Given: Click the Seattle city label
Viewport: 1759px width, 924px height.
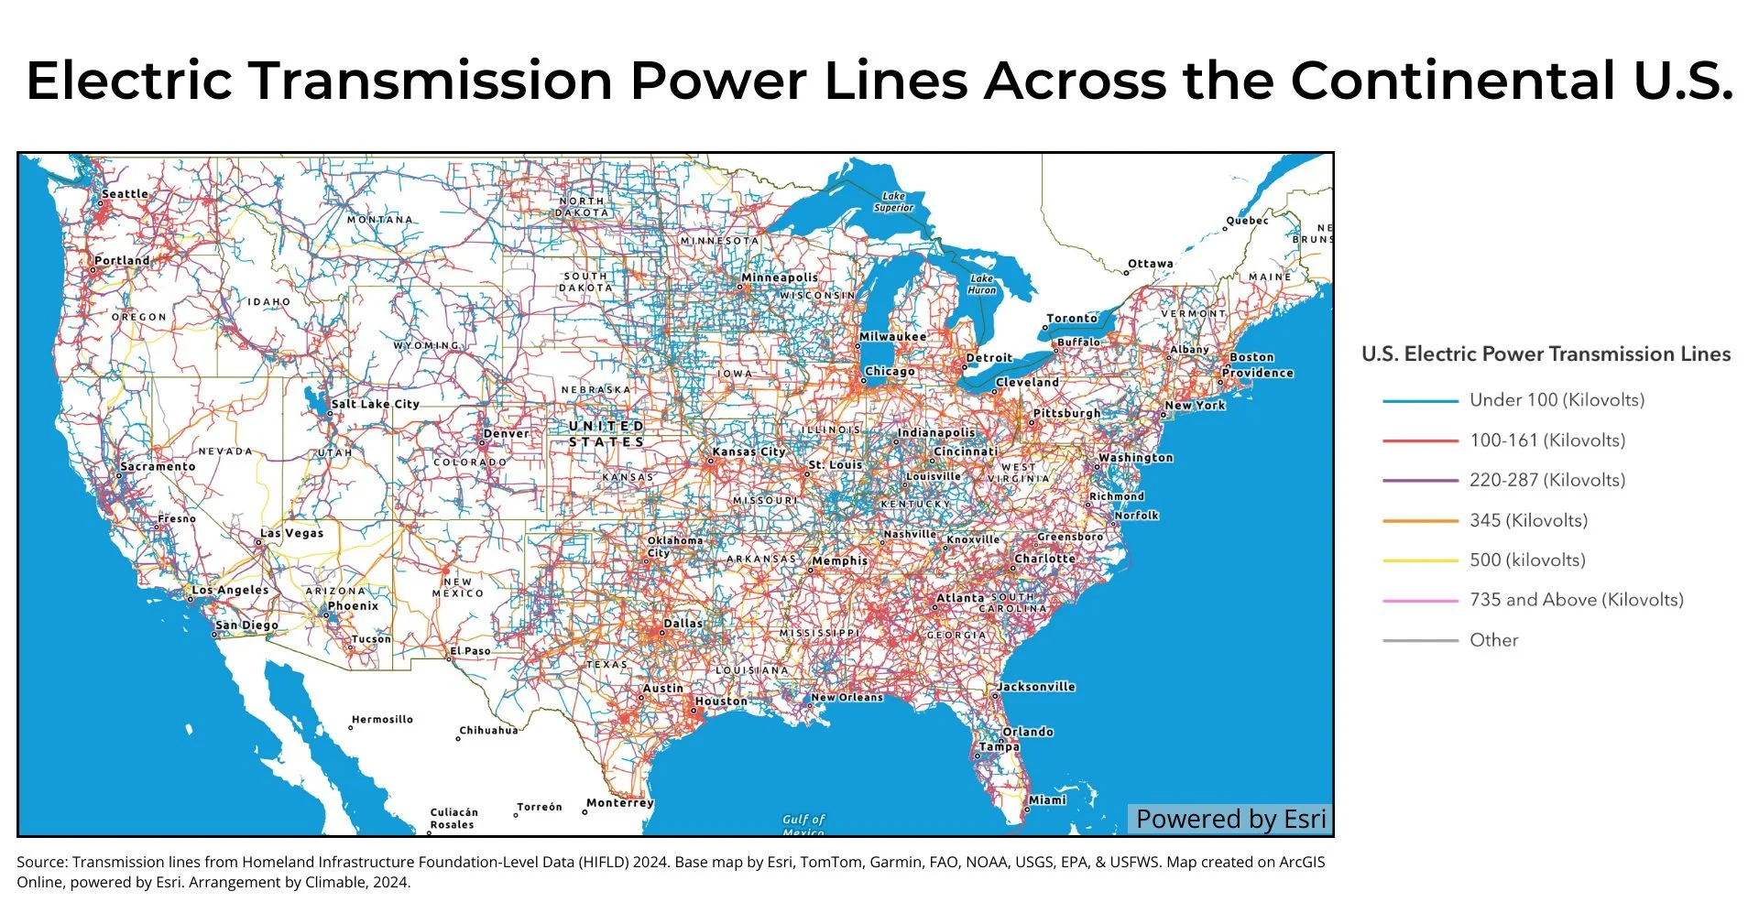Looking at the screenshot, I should coord(125,194).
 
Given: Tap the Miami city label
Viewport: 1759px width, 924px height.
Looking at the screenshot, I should coord(1046,800).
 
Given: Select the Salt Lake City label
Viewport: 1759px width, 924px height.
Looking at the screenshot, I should coord(375,404).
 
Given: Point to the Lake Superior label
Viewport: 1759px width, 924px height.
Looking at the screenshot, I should coord(893,201).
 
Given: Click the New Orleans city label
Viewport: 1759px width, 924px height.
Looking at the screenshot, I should coord(847,698).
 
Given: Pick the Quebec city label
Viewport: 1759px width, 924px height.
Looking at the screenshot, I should coord(1247,221).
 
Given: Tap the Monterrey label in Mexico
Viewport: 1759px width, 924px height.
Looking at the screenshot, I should coord(619,803).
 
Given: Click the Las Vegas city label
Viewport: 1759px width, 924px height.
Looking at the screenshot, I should coord(291,533).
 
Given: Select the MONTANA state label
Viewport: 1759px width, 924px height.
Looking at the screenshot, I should coord(379,220).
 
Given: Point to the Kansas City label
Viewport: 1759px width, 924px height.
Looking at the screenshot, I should coord(748,452).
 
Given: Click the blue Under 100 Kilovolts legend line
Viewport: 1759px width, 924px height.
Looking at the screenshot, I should coord(1419,401).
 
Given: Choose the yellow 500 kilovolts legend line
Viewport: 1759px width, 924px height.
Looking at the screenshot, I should coord(1419,560).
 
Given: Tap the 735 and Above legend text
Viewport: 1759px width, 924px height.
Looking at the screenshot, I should coord(1576,600).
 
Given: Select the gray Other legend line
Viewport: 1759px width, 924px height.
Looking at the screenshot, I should coord(1419,641).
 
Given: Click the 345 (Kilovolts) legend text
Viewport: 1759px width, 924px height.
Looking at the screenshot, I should coord(1528,520).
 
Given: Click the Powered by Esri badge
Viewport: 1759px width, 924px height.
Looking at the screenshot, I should coord(1229,819).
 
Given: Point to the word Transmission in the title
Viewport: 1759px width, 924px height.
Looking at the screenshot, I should coord(431,81).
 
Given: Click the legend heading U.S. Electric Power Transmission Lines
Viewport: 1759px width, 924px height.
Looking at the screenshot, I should coord(1546,354).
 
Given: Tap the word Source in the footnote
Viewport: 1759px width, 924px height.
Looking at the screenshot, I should coord(40,863).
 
